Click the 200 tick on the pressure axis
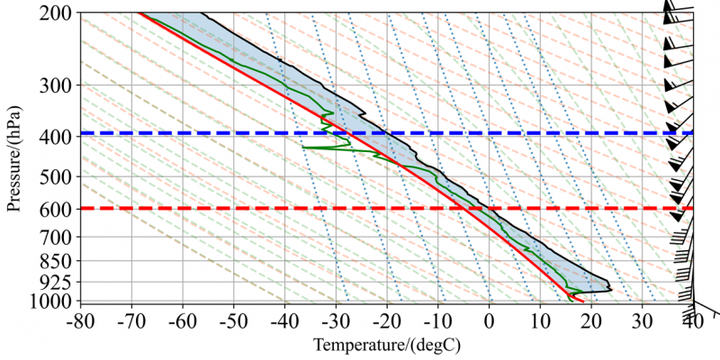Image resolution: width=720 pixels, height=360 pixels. pyautogui.click(x=60, y=13)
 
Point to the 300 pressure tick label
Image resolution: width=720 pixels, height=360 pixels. pyautogui.click(x=60, y=85)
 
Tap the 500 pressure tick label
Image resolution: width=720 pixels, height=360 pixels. pyautogui.click(x=60, y=177)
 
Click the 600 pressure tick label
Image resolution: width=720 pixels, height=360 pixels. pyautogui.click(x=60, y=210)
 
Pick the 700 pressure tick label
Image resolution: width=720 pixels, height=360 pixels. pyautogui.click(x=60, y=238)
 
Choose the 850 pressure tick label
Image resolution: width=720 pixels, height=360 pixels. pyautogui.click(x=60, y=261)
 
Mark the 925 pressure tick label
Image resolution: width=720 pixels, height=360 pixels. pyautogui.click(x=60, y=283)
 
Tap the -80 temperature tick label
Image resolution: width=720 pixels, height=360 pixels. pyautogui.click(x=81, y=319)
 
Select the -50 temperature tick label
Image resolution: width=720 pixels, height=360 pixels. pyautogui.click(x=233, y=319)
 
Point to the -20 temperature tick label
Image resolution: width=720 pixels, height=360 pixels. pyautogui.click(x=386, y=319)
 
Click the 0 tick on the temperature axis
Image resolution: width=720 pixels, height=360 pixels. pyautogui.click(x=489, y=319)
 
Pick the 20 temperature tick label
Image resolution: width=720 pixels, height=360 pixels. pyautogui.click(x=590, y=319)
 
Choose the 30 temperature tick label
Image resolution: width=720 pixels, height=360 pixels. pyautogui.click(x=642, y=319)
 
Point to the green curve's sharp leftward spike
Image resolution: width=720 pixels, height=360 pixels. pyautogui.click(x=304, y=147)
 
